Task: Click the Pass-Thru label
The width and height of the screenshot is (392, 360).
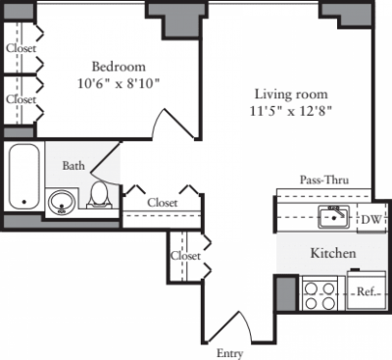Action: click(323, 180)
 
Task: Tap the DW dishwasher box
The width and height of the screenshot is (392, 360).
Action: click(368, 219)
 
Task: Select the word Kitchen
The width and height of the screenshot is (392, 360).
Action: click(333, 253)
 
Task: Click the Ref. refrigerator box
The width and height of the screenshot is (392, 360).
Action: click(367, 291)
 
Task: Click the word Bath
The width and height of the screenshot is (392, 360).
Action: click(73, 167)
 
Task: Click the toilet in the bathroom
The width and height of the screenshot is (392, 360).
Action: click(99, 194)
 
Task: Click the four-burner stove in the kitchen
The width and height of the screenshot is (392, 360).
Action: click(318, 294)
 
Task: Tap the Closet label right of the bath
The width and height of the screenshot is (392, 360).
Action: click(163, 202)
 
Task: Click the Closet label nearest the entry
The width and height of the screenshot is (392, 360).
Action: click(185, 256)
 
